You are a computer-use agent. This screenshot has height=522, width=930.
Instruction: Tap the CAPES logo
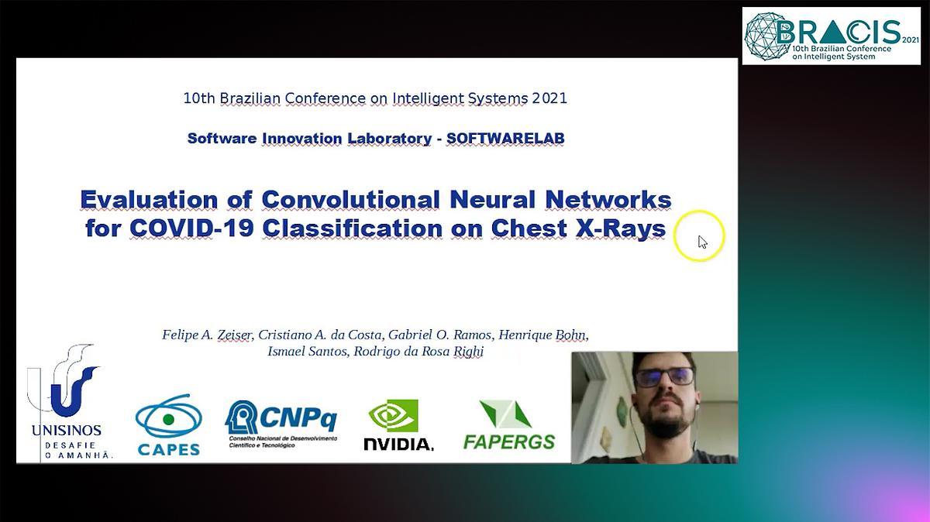tap(169, 425)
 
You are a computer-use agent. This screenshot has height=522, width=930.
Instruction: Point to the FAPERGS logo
tap(509, 425)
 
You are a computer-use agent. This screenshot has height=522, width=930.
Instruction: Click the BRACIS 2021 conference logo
tap(831, 36)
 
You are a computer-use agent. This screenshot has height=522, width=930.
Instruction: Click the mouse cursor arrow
tap(702, 242)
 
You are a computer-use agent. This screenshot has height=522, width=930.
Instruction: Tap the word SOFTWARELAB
tap(505, 138)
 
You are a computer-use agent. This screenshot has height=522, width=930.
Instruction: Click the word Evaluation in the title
tap(149, 199)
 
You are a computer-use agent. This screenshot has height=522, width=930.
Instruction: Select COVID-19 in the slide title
tap(191, 228)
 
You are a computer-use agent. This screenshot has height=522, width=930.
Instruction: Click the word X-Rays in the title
tap(620, 228)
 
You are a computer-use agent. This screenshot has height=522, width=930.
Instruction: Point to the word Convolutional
tap(350, 199)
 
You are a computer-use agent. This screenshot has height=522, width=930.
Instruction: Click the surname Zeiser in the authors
tap(235, 335)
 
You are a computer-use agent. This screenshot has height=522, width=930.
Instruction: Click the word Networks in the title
tap(608, 199)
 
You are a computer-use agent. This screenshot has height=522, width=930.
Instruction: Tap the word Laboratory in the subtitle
tap(389, 139)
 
